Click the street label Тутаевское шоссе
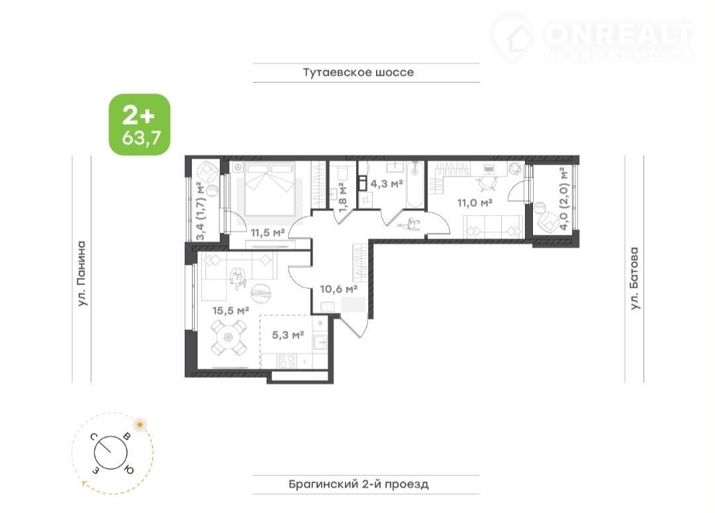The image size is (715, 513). [358, 72]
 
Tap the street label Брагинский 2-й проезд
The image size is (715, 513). [358, 484]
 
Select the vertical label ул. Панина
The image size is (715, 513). [81, 273]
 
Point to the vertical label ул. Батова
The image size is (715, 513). [634, 278]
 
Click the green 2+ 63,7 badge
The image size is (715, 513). [140, 125]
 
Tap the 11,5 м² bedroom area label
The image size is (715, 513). [267, 233]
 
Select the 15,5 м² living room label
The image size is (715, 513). [231, 311]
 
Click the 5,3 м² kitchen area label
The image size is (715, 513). [288, 335]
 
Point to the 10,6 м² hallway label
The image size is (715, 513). [338, 289]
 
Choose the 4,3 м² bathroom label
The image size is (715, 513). [386, 184]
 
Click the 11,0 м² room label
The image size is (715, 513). [475, 202]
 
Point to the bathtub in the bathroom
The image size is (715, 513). [415, 184]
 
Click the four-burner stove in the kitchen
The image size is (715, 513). [287, 361]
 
